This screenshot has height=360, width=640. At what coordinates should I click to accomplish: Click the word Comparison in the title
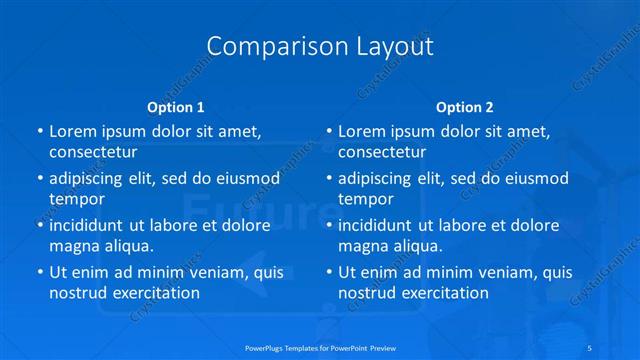(x=263, y=47)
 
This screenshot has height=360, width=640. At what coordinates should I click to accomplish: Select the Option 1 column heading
(x=176, y=106)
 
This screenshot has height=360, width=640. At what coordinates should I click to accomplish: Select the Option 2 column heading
(x=465, y=106)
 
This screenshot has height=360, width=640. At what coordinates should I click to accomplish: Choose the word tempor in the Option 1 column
(x=77, y=198)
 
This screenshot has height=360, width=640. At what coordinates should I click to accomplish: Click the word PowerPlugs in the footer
(x=265, y=348)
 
